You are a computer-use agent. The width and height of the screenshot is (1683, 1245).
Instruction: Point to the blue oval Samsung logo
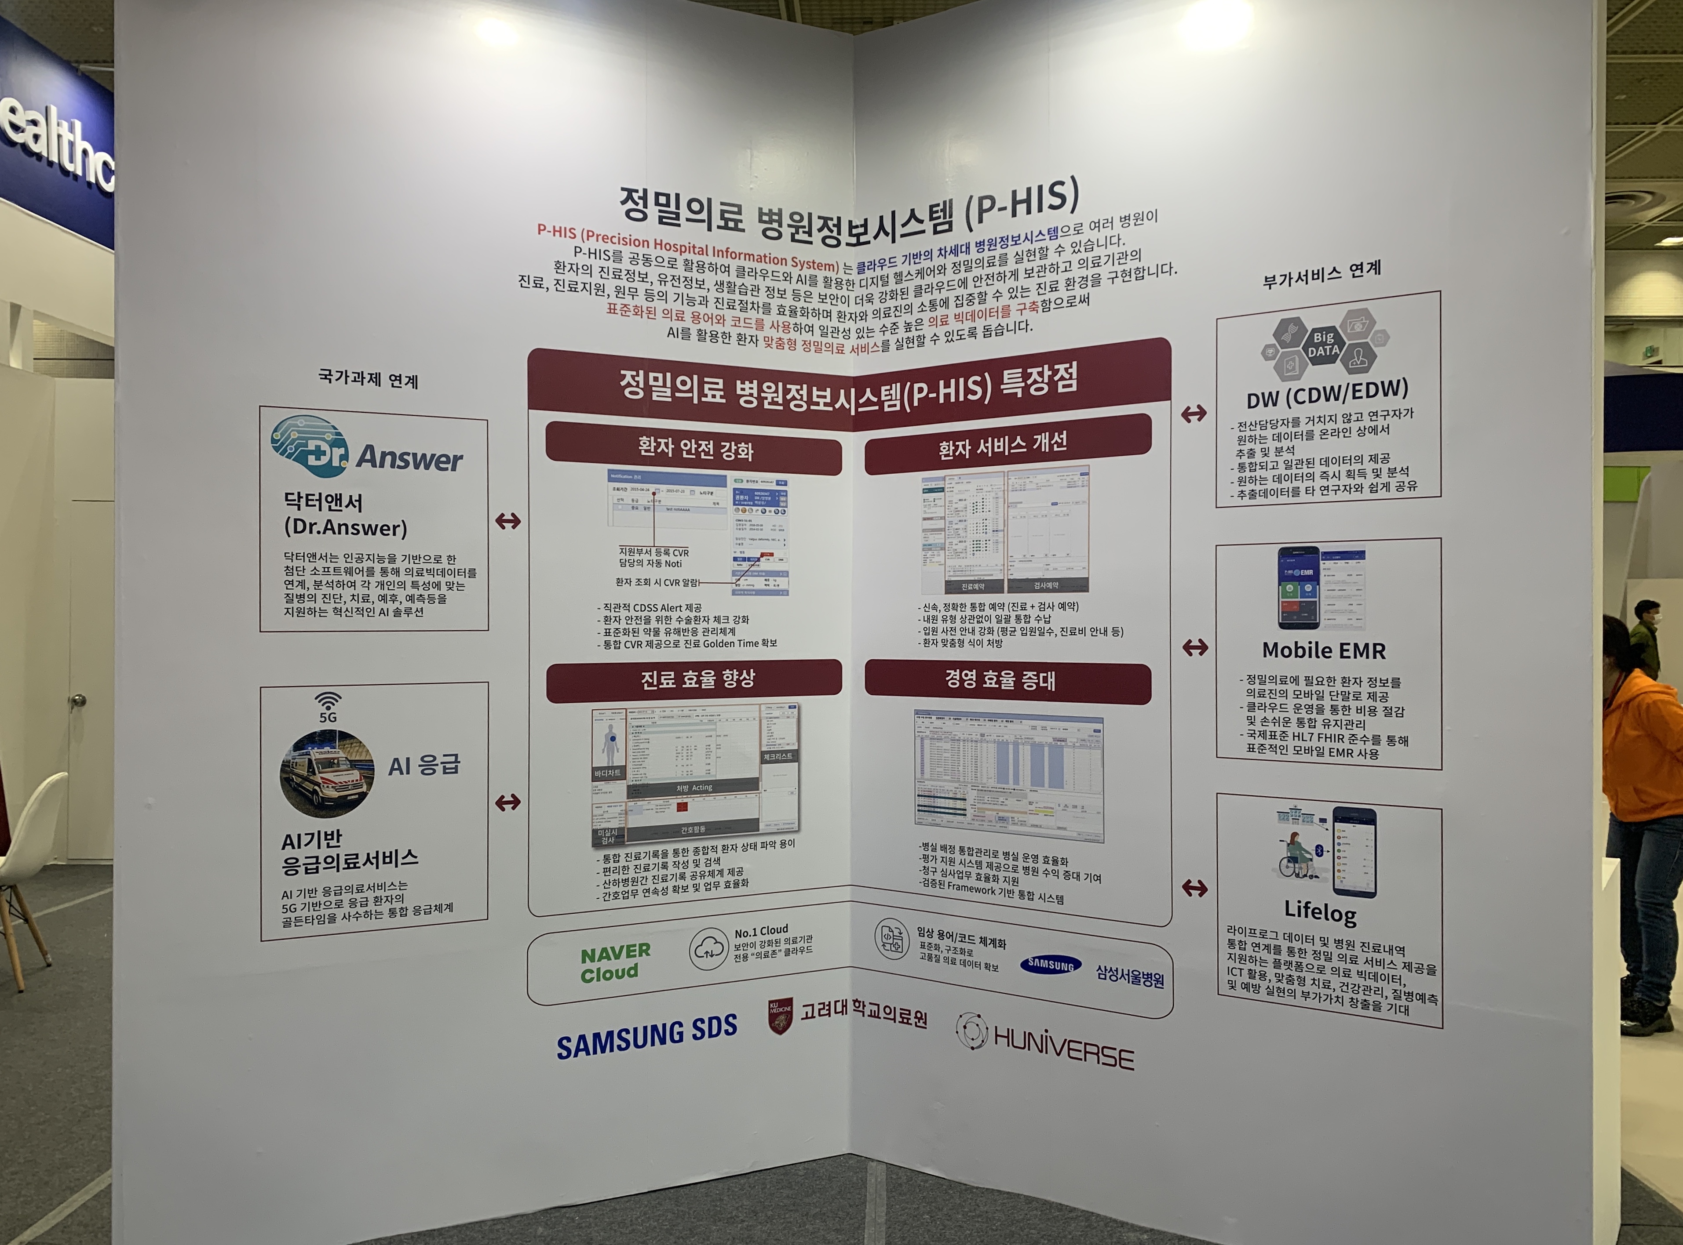1050,965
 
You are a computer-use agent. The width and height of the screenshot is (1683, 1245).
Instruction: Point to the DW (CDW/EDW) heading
1327,392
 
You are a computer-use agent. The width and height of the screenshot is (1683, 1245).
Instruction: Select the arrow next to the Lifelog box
1194,889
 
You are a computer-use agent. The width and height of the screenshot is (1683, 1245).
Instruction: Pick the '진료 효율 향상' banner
694,679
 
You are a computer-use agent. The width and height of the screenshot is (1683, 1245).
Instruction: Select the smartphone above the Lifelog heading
1354,852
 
